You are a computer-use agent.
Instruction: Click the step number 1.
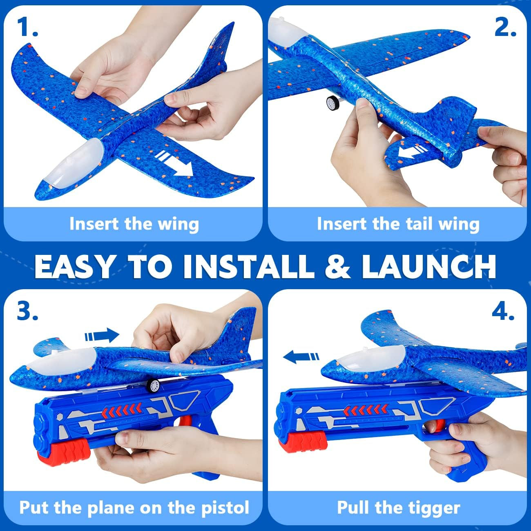pos(27,27)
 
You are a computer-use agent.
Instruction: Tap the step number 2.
pos(505,27)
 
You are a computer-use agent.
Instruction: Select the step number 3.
pos(27,312)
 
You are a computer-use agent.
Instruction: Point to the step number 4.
pos(502,312)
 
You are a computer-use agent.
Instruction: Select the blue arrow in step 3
pos(102,336)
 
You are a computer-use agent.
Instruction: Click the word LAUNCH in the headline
pos(428,266)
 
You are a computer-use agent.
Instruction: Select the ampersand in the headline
pos(338,266)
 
